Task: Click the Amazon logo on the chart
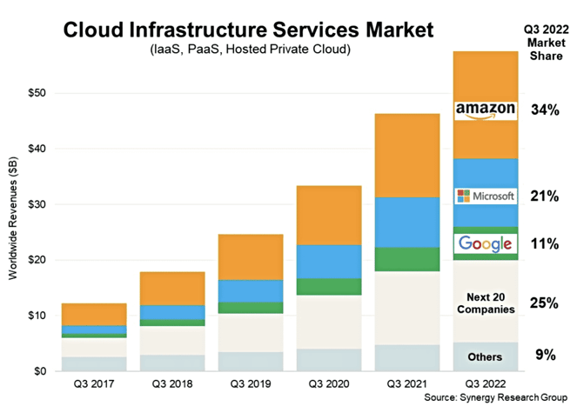tap(486, 110)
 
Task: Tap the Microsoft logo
tap(486, 196)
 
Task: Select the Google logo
tap(485, 243)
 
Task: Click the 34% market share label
tap(545, 110)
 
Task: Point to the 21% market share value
tap(545, 196)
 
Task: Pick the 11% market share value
tap(545, 243)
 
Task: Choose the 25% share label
tap(545, 303)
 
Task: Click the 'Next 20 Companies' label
tap(485, 303)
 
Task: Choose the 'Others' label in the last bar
tap(485, 356)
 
